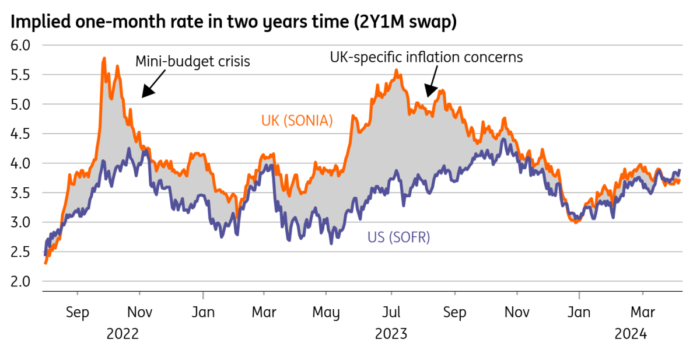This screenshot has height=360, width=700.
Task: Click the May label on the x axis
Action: pos(325,312)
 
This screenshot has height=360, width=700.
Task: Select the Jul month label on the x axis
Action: pos(391,312)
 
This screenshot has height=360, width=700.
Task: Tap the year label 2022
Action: pos(123,334)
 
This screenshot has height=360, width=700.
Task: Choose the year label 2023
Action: pos(391,334)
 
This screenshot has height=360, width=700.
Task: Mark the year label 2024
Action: pos(631,334)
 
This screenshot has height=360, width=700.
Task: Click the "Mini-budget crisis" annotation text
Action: pos(192,61)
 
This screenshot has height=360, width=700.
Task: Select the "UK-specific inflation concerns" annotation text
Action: pos(426,57)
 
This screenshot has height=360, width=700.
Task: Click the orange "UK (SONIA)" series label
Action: pos(297,121)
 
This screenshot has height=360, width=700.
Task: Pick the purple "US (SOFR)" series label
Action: pos(398,237)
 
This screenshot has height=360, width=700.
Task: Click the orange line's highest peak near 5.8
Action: pos(104,58)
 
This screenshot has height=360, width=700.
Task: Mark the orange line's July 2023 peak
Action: pos(396,71)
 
